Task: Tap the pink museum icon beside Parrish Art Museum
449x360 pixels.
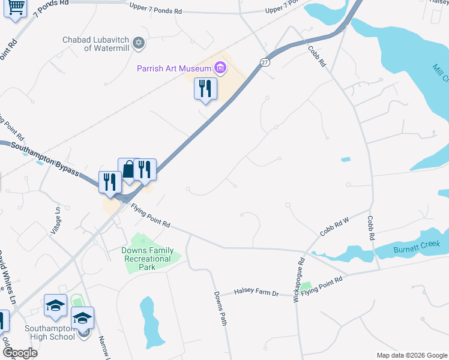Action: point(221,68)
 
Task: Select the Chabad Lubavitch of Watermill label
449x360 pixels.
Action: point(97,44)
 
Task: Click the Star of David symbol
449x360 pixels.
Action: point(139,43)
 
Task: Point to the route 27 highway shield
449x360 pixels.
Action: point(265,62)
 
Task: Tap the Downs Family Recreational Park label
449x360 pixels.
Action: point(148,258)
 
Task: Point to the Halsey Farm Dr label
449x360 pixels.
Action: point(257,293)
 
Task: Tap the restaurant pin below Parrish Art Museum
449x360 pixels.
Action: point(205,89)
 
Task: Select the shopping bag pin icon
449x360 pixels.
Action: point(129,170)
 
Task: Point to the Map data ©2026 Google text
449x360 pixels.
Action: point(411,355)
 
